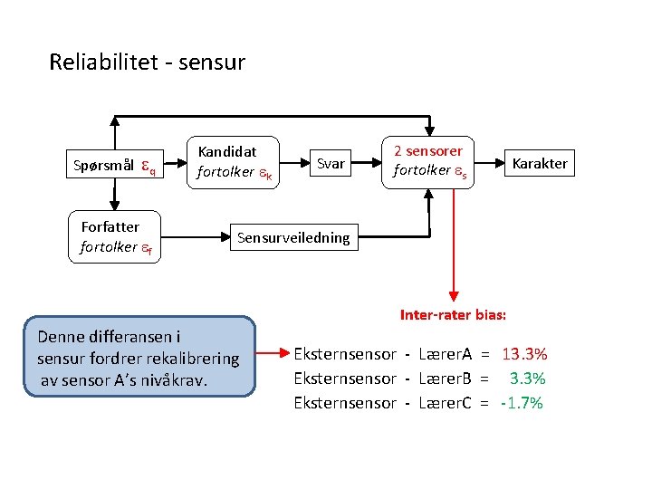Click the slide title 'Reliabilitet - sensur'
point(147,62)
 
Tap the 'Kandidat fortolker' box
point(231,162)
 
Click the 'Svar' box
point(331,164)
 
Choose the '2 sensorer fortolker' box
point(427,161)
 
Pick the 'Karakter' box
point(540,164)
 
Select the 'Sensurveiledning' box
point(292,238)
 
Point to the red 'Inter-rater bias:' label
point(453,315)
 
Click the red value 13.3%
point(524,354)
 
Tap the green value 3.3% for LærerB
point(528,379)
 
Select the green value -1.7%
point(522,403)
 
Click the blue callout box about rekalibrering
point(140,357)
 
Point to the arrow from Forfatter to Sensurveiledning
point(194,238)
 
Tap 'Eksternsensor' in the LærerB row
point(345,379)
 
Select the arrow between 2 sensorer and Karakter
point(488,164)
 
